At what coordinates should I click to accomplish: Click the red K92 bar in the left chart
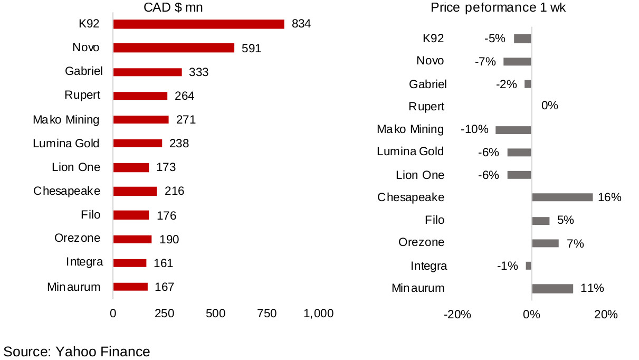point(198,24)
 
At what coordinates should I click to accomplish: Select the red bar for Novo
point(174,48)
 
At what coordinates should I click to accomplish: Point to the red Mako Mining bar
point(141,120)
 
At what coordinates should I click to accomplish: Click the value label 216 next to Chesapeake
point(174,191)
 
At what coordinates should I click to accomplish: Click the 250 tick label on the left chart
point(164,314)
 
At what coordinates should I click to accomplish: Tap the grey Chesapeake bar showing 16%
point(562,197)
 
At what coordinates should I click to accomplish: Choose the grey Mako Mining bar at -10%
point(513,130)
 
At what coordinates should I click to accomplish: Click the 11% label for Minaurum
point(592,288)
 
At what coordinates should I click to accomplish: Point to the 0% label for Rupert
point(549,106)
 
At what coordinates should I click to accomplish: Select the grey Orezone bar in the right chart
point(545,243)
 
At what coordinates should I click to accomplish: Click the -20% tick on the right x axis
point(457,315)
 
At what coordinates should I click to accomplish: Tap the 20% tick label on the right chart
point(606,315)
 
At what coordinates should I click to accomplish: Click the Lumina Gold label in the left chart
point(66,143)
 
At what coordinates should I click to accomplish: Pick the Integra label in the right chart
point(428,266)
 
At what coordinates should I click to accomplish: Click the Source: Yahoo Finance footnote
point(77,352)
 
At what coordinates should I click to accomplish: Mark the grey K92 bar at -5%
point(522,38)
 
